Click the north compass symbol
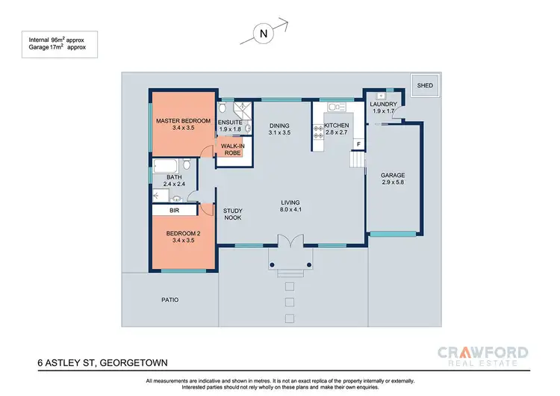coord(264,33)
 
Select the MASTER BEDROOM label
coord(183,121)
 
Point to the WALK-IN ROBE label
coord(232,149)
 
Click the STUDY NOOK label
coord(234,214)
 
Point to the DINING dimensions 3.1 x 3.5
coord(279,132)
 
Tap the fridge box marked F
coord(358,143)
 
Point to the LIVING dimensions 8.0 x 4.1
coord(290,210)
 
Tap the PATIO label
coord(170,300)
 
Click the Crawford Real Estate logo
coord(485,356)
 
